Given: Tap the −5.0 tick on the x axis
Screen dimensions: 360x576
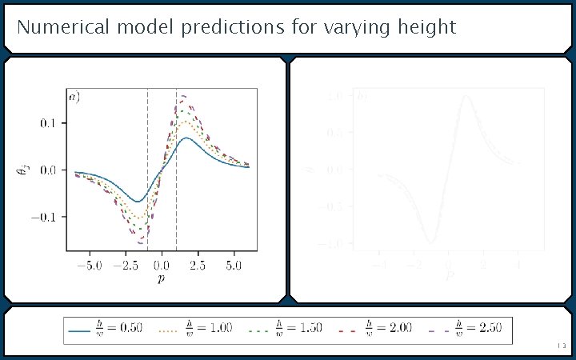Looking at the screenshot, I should point(88,265).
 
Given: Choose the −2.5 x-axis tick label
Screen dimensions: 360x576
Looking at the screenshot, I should point(124,265).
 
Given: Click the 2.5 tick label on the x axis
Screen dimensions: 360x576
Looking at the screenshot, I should point(198,265).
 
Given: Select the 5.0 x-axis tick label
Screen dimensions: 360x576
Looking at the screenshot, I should point(234,265).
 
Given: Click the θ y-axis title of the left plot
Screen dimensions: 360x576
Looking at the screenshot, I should point(26,170).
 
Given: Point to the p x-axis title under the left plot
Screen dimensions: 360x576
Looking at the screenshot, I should point(161,279).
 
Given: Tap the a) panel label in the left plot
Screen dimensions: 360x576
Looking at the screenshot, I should point(74,98).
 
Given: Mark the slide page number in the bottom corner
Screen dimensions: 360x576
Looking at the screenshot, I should point(561,346).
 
